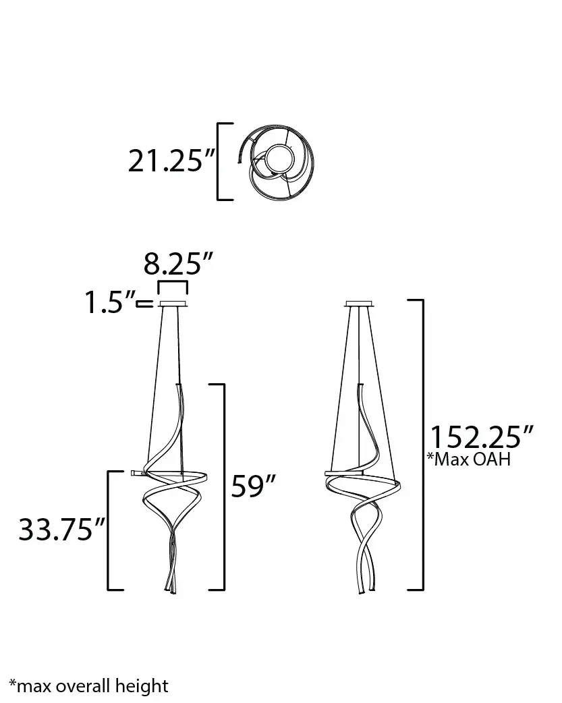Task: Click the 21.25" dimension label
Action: pyautogui.click(x=172, y=161)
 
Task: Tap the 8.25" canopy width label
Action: pyautogui.click(x=178, y=264)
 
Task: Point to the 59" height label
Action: pyautogui.click(x=252, y=485)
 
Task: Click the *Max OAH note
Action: pyautogui.click(x=469, y=459)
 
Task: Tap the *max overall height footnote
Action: pyautogui.click(x=89, y=686)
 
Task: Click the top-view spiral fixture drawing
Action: pyautogui.click(x=275, y=162)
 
